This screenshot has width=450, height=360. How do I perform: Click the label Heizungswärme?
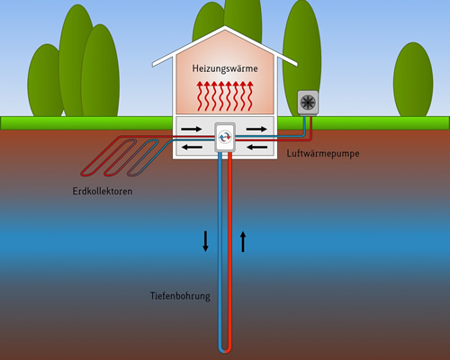(225, 68)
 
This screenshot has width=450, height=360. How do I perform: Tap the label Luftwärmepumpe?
(323, 154)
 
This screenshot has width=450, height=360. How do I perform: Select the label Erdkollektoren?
(103, 191)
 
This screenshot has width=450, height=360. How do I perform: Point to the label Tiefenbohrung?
(180, 296)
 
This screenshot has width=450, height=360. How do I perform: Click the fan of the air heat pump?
(308, 103)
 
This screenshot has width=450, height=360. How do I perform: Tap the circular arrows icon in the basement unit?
(225, 137)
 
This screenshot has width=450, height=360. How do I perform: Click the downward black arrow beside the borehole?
(205, 241)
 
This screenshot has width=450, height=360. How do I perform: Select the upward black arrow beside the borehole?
(243, 242)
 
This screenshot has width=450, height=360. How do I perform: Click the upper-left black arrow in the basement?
(192, 129)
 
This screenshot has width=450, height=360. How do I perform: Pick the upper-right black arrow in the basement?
(256, 129)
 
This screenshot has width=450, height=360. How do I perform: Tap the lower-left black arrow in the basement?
(192, 147)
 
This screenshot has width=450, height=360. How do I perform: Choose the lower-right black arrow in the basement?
(256, 147)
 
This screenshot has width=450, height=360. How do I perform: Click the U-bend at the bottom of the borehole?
(225, 350)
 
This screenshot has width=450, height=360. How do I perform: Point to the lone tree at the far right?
(413, 79)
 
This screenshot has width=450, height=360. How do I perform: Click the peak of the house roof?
(225, 26)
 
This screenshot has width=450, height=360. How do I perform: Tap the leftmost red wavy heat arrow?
(200, 96)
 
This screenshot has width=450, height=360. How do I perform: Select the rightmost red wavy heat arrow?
(250, 96)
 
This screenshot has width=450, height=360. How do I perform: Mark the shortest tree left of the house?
(46, 80)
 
